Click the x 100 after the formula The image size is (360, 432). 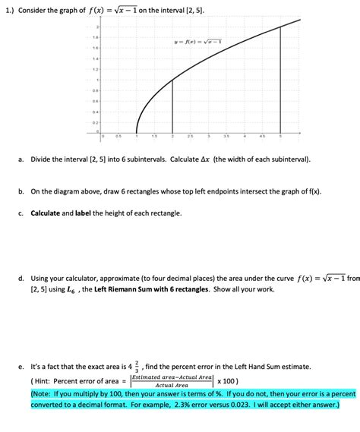(228, 381)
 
